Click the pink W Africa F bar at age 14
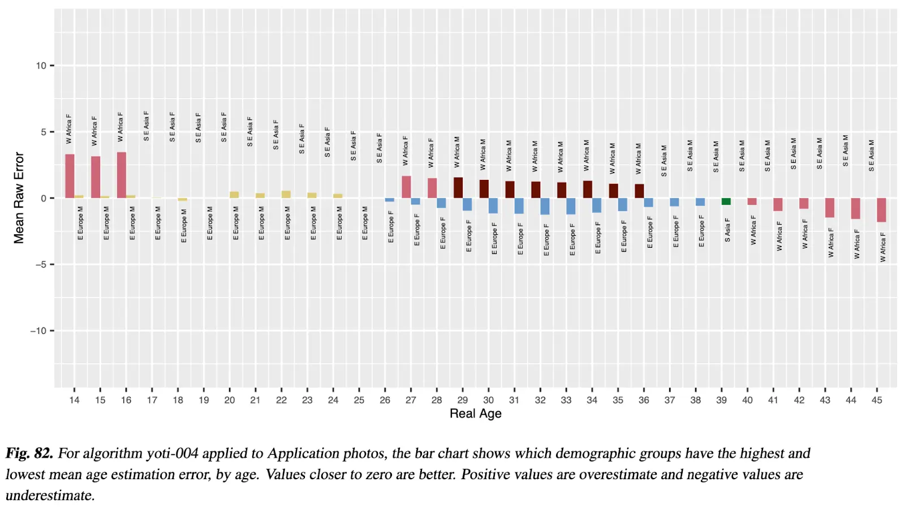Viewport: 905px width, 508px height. pos(70,176)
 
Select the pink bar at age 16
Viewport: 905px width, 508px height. pos(122,175)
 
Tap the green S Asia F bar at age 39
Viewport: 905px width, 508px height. pos(726,201)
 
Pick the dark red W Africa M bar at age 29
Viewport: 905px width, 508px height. pos(458,188)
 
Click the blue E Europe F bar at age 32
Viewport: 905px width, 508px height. pos(545,206)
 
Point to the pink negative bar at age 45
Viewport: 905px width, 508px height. pos(881,210)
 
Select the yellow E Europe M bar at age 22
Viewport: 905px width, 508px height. pos(286,194)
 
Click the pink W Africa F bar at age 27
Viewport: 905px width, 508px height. pos(406,187)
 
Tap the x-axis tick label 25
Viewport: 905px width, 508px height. pos(359,400)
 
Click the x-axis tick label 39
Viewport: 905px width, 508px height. pos(721,400)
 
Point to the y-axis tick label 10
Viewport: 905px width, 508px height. pos(41,66)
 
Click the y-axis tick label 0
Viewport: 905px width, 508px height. pos(44,198)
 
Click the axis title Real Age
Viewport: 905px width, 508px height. pos(475,414)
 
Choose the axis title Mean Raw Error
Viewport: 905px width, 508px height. pos(19,198)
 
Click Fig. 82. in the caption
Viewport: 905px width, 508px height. pos(29,453)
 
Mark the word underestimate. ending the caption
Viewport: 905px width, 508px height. pos(50,495)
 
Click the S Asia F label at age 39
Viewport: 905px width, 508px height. pos(727,230)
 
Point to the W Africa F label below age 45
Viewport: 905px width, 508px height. pos(882,247)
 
